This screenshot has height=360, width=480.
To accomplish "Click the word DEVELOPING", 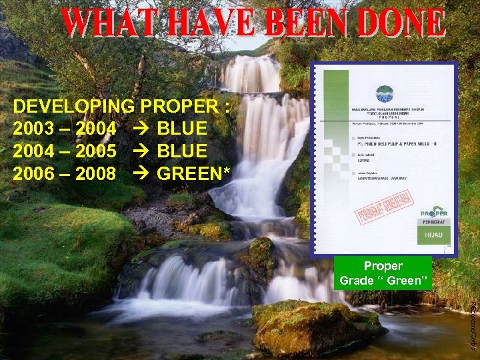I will coord(74,107).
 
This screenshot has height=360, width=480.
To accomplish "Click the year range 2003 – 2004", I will coord(65,129).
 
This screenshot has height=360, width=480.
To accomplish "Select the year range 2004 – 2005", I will coord(65,151).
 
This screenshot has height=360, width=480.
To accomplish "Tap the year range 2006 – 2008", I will coord(65,174).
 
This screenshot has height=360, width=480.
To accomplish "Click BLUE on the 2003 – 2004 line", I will coord(182,129).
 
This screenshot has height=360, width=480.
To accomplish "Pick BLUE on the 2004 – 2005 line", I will coord(182,151).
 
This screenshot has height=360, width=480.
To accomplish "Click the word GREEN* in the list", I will coord(194,174).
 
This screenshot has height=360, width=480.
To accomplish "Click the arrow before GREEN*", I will coord(141,174).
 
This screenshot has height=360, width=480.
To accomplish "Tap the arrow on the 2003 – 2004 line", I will coord(141,129).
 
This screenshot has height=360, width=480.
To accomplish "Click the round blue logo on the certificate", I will coord(385,93).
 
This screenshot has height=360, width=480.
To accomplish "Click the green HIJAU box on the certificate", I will coord(434,234).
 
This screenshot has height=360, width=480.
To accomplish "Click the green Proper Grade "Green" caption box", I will coord(383,273).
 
